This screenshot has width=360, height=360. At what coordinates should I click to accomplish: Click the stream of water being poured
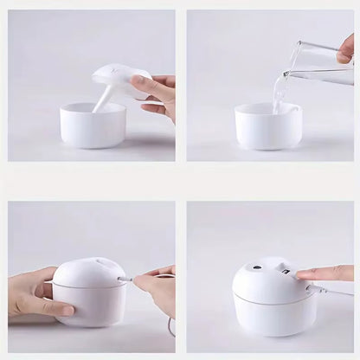[280, 93]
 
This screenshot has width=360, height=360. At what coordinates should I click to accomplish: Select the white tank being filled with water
[268, 130]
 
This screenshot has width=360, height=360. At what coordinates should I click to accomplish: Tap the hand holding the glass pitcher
[346, 47]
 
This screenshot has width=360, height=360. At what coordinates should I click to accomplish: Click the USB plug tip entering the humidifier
[124, 280]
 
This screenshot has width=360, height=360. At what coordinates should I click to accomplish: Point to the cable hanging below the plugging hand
[171, 325]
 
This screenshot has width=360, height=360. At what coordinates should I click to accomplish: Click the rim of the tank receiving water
[268, 108]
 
